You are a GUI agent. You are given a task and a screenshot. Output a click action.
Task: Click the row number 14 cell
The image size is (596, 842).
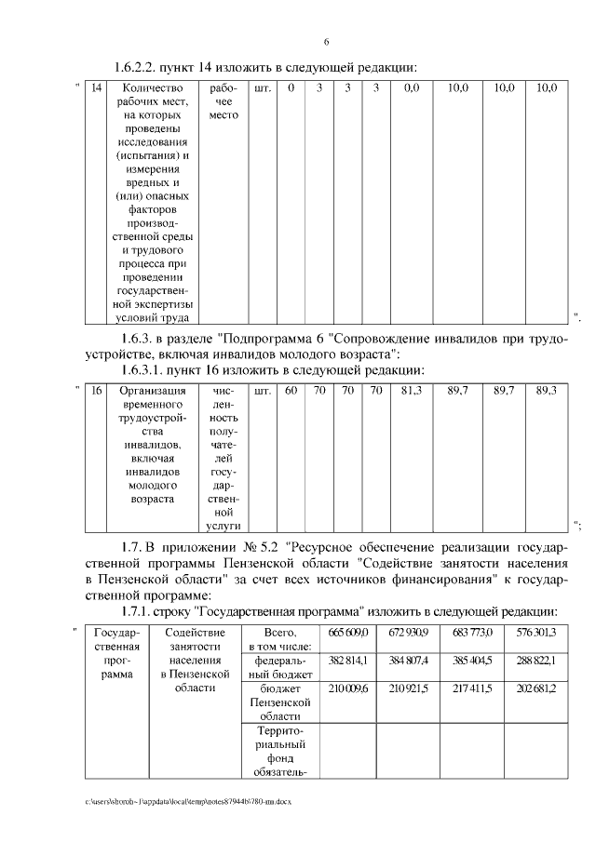(x=96, y=87)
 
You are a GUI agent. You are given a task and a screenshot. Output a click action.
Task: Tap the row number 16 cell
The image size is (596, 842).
(x=96, y=390)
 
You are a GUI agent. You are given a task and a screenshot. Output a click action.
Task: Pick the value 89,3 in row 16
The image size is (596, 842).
(x=547, y=390)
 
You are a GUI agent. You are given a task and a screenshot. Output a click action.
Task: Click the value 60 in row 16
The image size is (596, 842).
(x=291, y=390)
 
